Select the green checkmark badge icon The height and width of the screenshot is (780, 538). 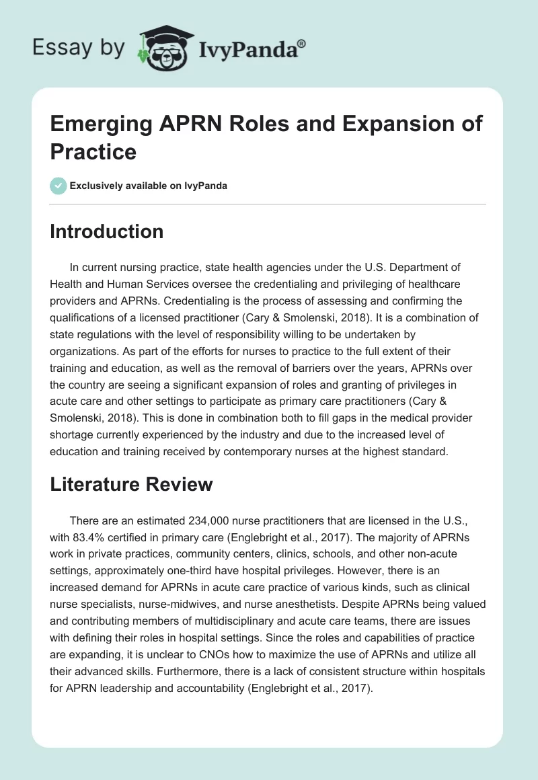(x=59, y=186)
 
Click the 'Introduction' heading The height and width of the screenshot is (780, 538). (x=106, y=231)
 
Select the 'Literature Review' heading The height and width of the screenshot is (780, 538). (x=131, y=483)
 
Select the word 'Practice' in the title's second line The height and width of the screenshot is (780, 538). (x=93, y=151)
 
